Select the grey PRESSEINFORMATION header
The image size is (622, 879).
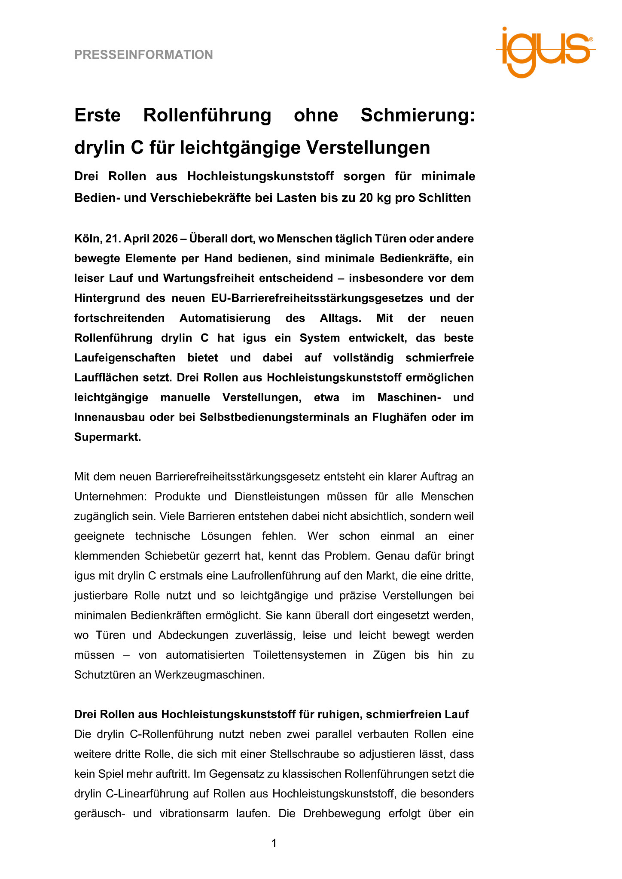(143, 55)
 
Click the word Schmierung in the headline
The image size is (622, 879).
(418, 115)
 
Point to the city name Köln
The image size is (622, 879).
(86, 239)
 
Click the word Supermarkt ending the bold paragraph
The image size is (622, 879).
(107, 437)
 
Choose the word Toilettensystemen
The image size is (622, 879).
(299, 655)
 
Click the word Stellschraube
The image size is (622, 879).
(305, 754)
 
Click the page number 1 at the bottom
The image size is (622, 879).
(274, 843)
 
